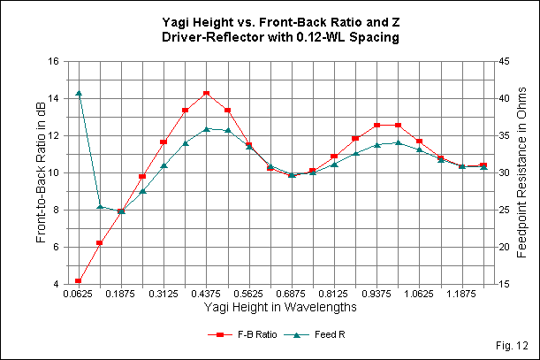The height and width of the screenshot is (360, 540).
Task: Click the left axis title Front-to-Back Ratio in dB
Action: coord(41,172)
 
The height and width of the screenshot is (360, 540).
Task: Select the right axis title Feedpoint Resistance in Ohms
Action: coord(521,172)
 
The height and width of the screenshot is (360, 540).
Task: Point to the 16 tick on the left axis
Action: coord(52,61)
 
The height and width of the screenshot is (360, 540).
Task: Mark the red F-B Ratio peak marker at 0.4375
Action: coord(206,93)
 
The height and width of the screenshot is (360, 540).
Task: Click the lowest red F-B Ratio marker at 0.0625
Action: coord(79,280)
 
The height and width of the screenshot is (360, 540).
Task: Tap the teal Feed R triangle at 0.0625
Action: coord(79,93)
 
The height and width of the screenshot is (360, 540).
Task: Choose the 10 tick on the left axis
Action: coord(52,172)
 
